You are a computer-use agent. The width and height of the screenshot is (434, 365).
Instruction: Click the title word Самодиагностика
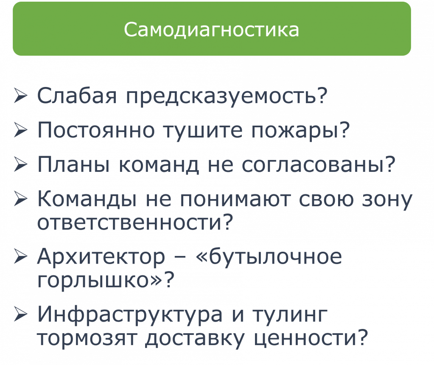[x=211, y=29]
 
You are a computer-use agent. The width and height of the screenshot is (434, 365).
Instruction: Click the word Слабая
[x=77, y=95]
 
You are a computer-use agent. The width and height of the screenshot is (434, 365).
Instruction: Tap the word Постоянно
[x=96, y=130]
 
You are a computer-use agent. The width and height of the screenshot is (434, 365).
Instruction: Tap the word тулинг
[x=290, y=316]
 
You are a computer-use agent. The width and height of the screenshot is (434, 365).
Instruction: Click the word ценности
[x=305, y=338]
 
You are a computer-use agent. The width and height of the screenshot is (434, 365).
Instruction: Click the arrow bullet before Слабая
[x=21, y=95]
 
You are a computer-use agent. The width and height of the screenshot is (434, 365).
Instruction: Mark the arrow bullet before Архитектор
[x=21, y=256]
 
